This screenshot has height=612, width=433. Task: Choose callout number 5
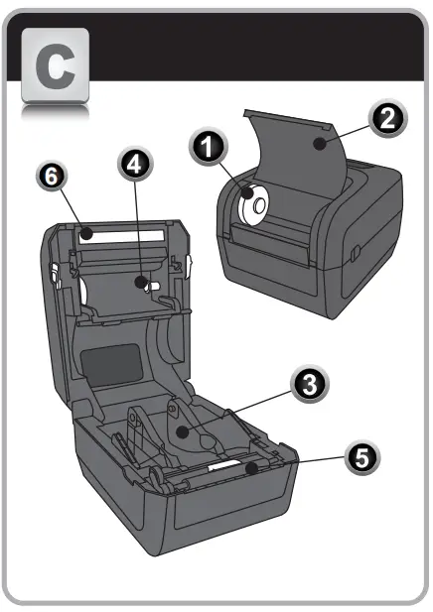361,459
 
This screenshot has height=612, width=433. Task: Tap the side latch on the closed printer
353,260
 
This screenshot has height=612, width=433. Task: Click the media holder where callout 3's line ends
184,431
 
